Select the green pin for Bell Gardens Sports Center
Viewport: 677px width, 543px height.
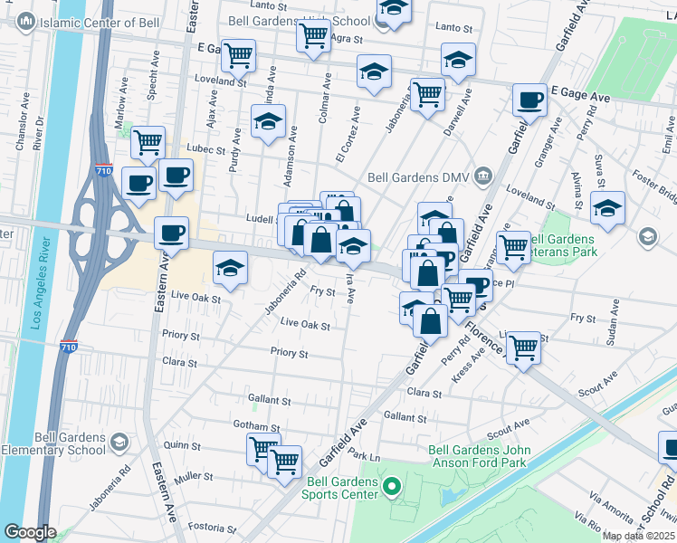tap(391, 489)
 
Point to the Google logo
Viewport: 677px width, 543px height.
tap(30, 532)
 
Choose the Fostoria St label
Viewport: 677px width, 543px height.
tap(214, 528)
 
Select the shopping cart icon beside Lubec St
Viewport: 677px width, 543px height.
tap(148, 142)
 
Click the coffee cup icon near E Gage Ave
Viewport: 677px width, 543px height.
tap(529, 100)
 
